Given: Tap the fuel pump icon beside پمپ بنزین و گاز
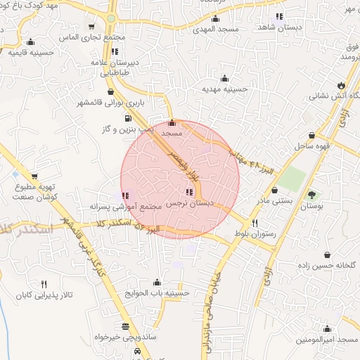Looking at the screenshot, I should pyautogui.click(x=127, y=118).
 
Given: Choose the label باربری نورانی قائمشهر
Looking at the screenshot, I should pyautogui.click(x=110, y=103).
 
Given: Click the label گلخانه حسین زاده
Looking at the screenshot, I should pyautogui.click(x=328, y=265).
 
